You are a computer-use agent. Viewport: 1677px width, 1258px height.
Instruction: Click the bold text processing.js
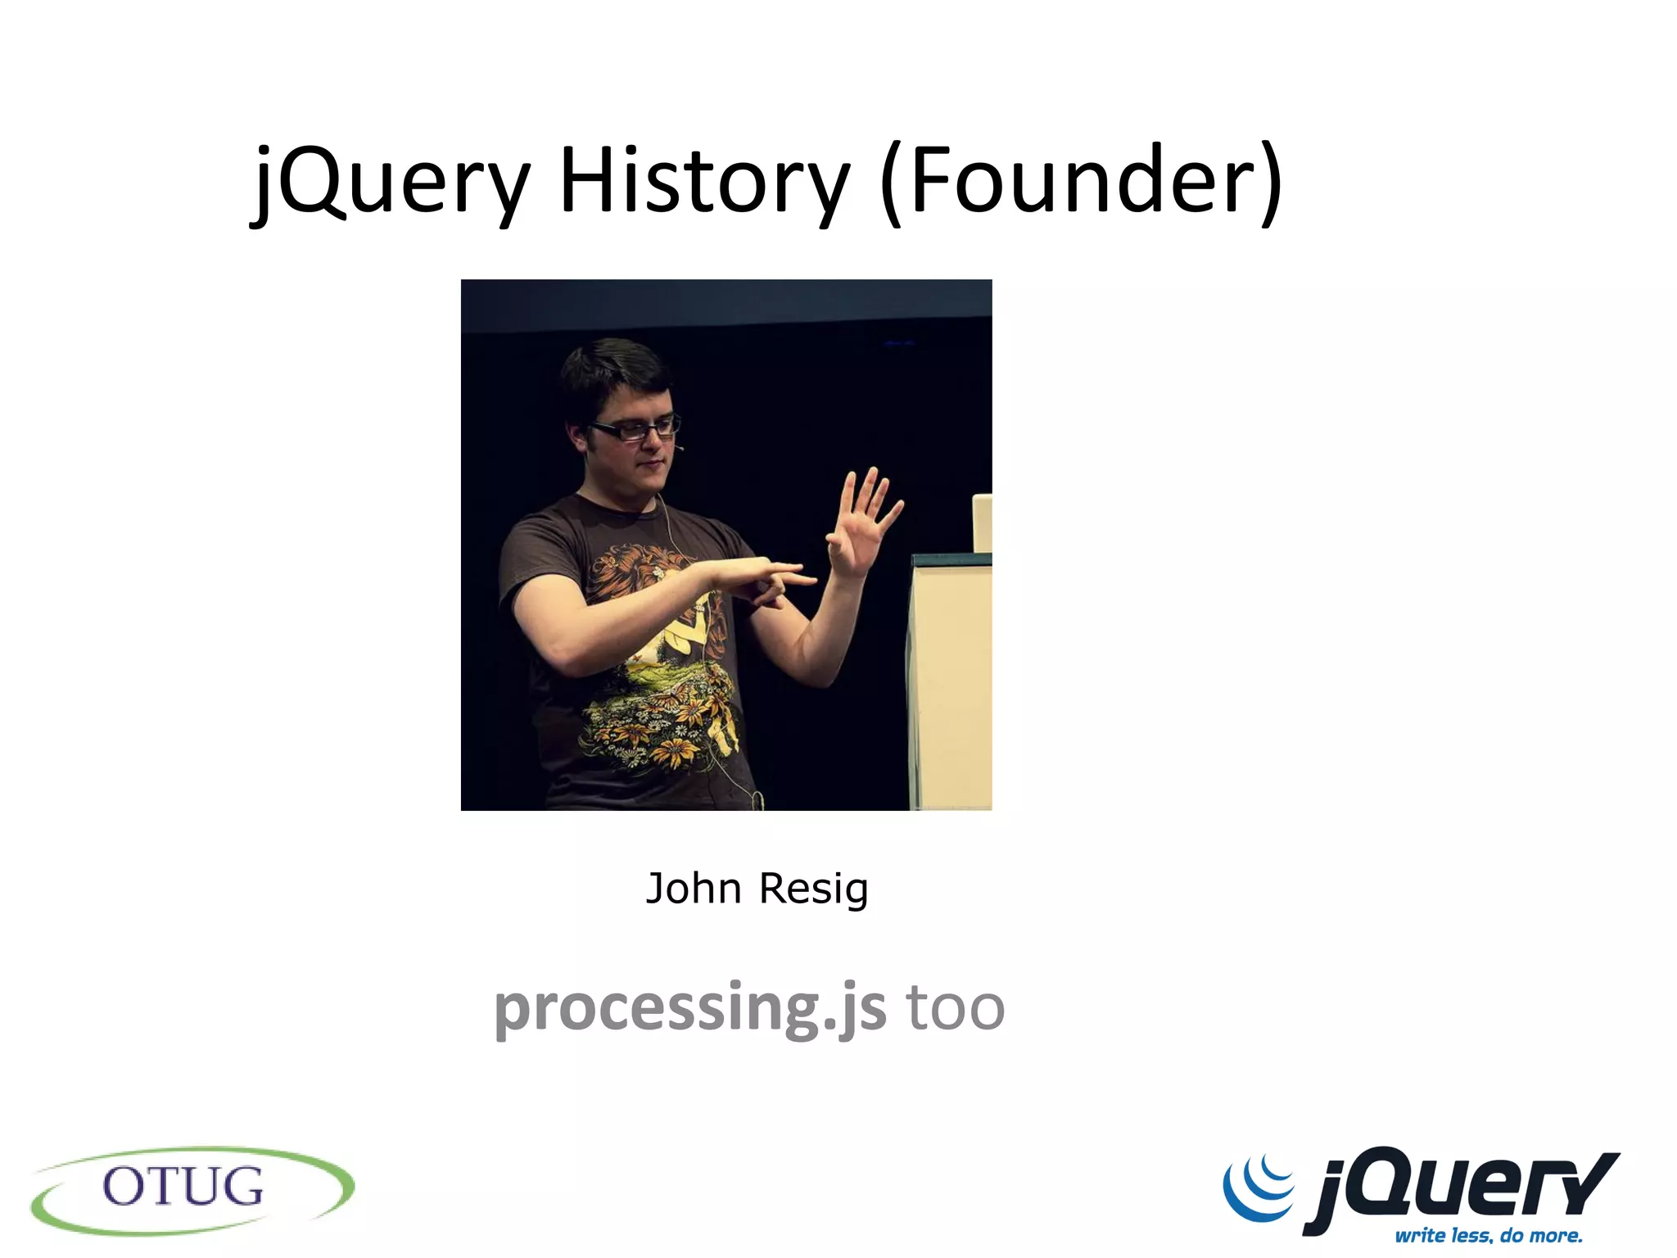pyautogui.click(x=690, y=1007)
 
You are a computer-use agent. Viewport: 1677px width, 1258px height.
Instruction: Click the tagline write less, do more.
pyautogui.click(x=1489, y=1235)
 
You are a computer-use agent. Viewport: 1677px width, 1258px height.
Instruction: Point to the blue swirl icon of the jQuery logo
pyautogui.click(x=1259, y=1188)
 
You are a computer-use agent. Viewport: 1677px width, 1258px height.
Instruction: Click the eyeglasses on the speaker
pyautogui.click(x=635, y=428)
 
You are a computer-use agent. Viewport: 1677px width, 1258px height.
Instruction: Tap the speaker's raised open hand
pyautogui.click(x=864, y=520)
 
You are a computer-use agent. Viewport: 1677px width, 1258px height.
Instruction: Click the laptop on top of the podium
pyautogui.click(x=982, y=523)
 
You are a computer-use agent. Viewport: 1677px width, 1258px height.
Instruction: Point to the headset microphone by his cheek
pyautogui.click(x=679, y=448)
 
